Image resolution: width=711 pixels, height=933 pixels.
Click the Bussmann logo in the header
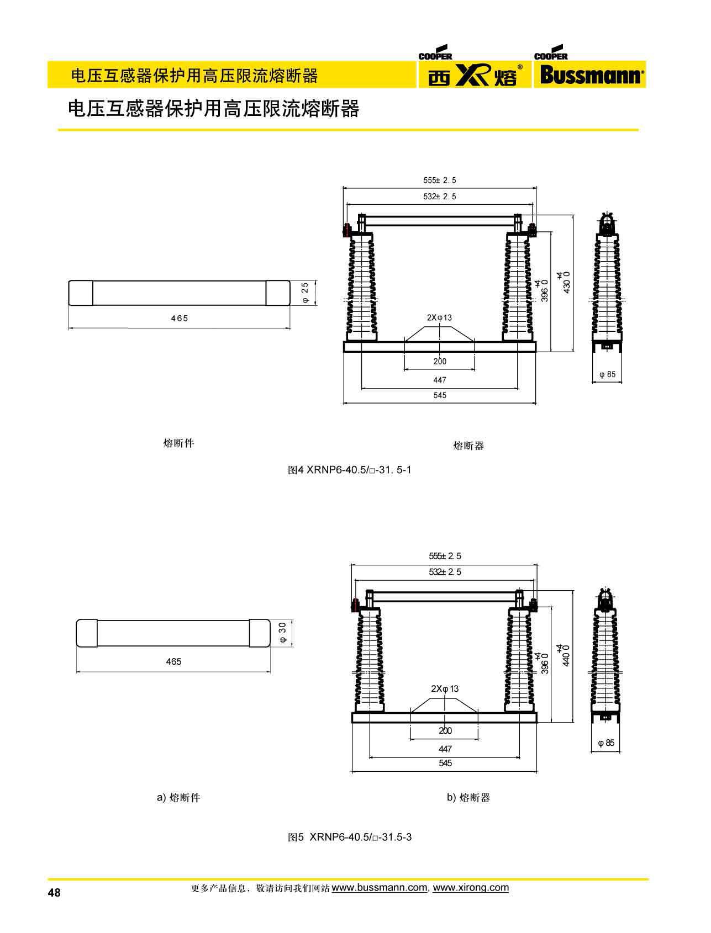pos(589,75)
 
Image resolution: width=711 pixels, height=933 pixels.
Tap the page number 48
pos(54,893)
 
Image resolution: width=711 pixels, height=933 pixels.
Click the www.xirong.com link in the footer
pos(471,888)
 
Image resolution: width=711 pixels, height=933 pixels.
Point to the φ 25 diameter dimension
pos(305,293)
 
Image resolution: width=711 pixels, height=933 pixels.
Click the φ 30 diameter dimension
pos(283,632)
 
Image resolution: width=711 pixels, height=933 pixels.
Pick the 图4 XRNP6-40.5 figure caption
pos(350,470)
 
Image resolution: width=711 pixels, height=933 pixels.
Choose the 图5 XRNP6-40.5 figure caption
pos(350,837)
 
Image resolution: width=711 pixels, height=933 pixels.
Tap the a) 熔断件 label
pos(178,797)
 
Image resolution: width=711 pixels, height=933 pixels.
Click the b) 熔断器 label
pos(468,797)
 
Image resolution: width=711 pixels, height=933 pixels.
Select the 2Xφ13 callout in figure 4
pos(439,317)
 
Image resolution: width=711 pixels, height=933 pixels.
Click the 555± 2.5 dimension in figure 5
pos(445,556)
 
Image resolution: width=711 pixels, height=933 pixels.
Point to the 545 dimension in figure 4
pos(440,395)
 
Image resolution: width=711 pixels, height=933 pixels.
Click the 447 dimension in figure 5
pos(445,749)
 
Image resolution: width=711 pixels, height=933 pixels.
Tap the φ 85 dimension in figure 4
pos(607,374)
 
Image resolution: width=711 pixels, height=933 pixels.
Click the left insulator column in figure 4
pos(361,287)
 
